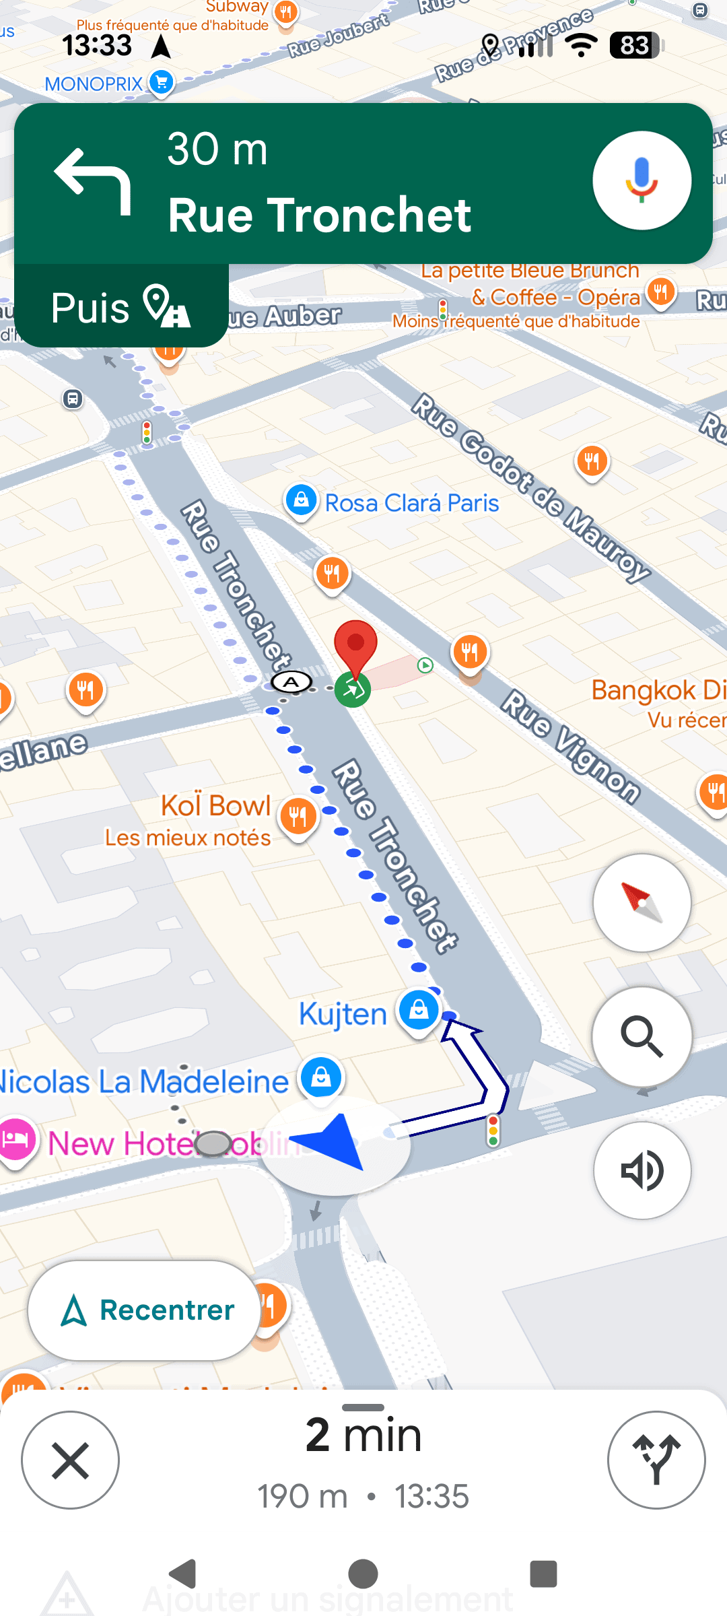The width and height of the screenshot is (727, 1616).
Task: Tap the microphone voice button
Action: pyautogui.click(x=642, y=180)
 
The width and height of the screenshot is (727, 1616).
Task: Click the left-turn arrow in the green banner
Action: pyautogui.click(x=93, y=180)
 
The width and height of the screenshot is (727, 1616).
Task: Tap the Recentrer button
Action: pyautogui.click(x=144, y=1310)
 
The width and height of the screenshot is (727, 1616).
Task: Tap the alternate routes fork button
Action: pyautogui.click(x=656, y=1460)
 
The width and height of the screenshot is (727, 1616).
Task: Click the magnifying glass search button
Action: pyautogui.click(x=642, y=1037)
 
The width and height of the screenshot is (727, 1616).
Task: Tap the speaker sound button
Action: pyautogui.click(x=642, y=1170)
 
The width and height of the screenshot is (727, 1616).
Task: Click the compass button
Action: pyautogui.click(x=642, y=902)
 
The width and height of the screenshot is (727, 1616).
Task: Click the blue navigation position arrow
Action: pyautogui.click(x=333, y=1141)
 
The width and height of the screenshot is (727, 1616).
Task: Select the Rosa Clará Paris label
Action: pyautogui.click(x=412, y=503)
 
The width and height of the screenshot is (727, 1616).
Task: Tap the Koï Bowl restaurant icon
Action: pyautogui.click(x=298, y=816)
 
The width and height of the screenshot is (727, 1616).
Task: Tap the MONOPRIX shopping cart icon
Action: pyautogui.click(x=161, y=82)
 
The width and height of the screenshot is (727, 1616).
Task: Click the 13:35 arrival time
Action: pyautogui.click(x=431, y=1496)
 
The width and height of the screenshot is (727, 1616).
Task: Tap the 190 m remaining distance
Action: pyautogui.click(x=303, y=1496)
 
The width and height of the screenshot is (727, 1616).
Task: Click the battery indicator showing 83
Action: pyautogui.click(x=635, y=46)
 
